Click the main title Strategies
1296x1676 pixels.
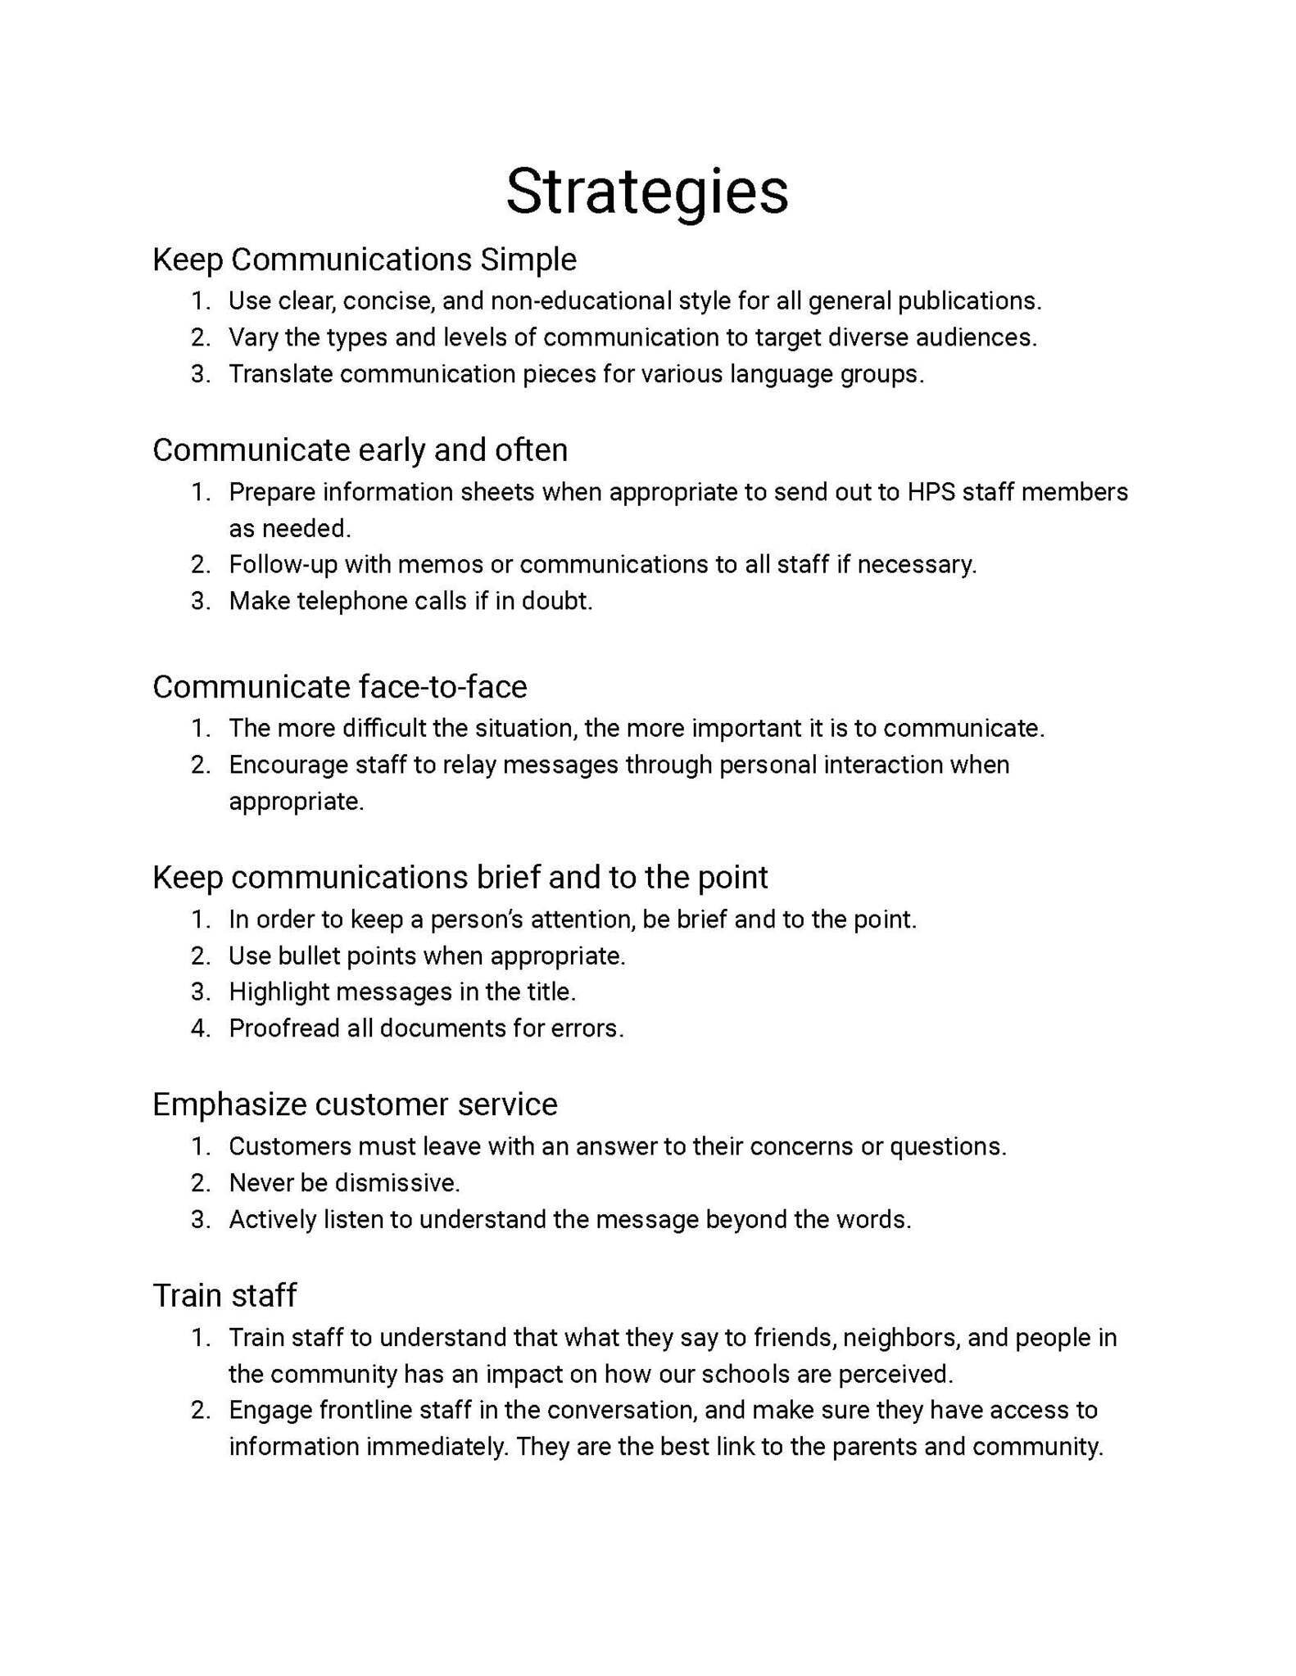click(646, 192)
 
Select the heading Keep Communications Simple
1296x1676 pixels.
click(365, 260)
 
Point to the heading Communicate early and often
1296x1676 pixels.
click(360, 450)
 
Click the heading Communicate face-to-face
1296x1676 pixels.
click(339, 687)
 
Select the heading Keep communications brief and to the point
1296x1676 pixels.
click(460, 878)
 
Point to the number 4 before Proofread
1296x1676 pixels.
click(199, 1028)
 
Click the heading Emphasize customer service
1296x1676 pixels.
click(355, 1105)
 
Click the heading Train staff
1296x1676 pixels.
click(224, 1296)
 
